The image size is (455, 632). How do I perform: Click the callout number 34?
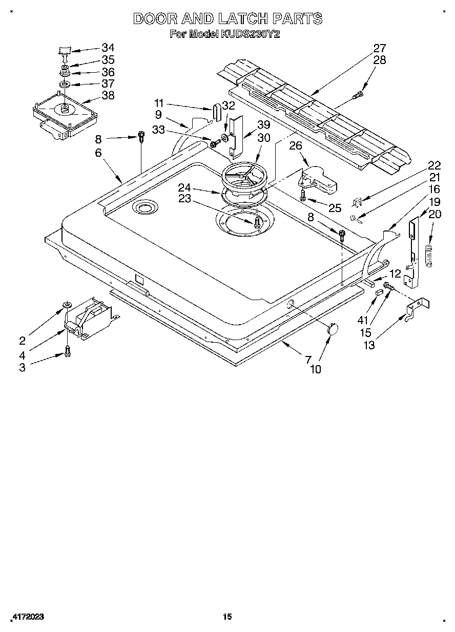click(x=108, y=48)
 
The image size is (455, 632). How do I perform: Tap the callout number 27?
click(x=379, y=48)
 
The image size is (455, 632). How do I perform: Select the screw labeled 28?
click(x=360, y=94)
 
